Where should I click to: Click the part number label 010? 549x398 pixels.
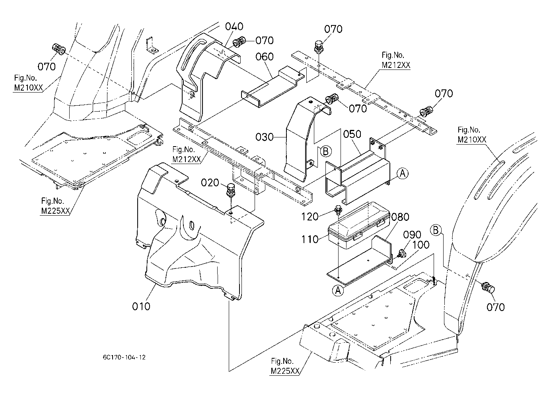141,306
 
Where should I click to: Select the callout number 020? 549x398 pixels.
210,183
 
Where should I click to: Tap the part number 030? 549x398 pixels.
265,137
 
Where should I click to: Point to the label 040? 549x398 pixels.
234,27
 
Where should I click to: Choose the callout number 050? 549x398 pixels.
352,134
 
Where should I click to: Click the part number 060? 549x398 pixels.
265,57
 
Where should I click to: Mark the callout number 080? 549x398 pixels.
400,217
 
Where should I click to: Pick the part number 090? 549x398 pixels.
412,234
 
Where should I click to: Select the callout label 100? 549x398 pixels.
421,245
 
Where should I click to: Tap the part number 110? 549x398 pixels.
310,240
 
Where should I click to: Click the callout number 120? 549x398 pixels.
310,216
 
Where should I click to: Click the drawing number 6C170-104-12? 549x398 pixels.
124,357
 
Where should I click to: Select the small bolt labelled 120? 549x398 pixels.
337,210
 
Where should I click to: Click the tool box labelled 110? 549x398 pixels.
359,225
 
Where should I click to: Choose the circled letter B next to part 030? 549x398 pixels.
325,151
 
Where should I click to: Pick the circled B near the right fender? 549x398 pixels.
436,230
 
